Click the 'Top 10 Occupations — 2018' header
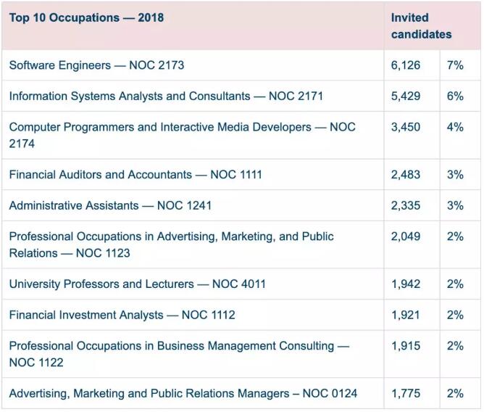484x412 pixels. coord(86,17)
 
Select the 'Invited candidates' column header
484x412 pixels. coord(421,25)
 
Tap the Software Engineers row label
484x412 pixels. coord(96,65)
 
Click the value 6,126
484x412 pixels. coord(406,65)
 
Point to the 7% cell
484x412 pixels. coord(455,65)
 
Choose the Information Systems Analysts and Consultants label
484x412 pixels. coord(166,96)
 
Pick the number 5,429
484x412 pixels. coord(406,96)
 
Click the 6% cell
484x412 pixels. coord(455,96)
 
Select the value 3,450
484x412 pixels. coord(406,127)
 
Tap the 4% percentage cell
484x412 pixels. coord(455,127)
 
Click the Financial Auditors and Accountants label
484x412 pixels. coord(135,175)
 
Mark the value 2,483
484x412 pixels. coord(406,175)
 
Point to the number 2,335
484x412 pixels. coord(406,205)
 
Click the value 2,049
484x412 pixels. coord(406,236)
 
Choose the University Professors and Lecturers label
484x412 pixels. coord(137,284)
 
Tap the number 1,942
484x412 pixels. coord(406,284)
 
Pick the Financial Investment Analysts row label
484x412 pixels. coord(122,315)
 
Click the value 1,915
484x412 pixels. coord(406,346)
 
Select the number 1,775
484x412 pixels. coord(406,394)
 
